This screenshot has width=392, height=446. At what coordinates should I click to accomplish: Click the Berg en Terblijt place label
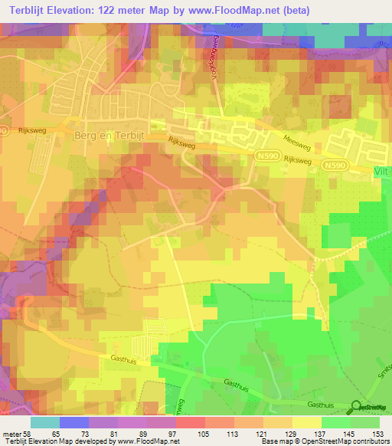pos(110,134)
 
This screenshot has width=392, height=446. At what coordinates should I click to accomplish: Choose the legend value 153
pos(377,434)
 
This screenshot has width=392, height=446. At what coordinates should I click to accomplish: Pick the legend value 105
pos(203,434)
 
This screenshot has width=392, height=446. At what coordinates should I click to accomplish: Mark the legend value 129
pos(290,434)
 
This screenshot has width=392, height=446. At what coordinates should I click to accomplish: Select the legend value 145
pos(348,434)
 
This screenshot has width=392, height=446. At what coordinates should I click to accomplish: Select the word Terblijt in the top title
pos(28,9)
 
